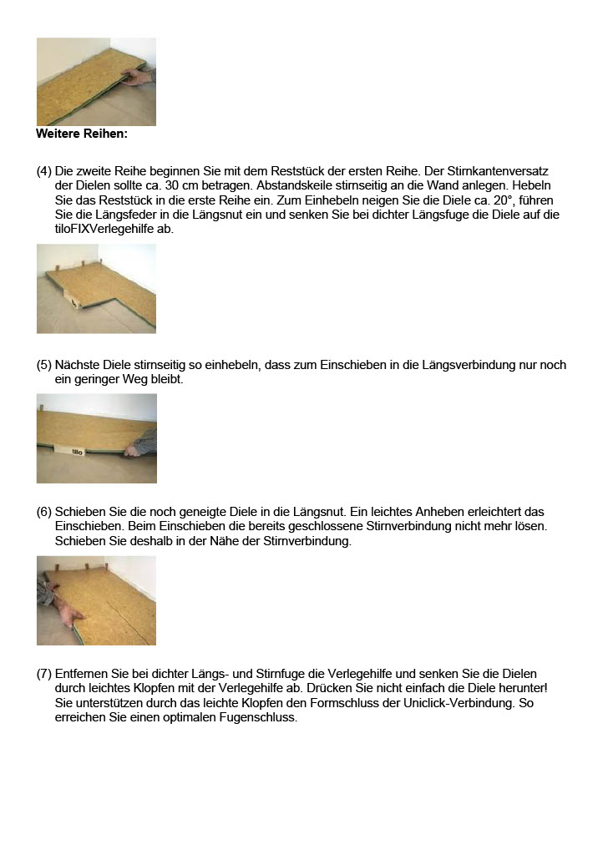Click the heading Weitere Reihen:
pos(82,134)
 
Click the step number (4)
pos(44,170)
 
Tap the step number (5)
pos(44,365)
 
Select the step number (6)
pos(44,511)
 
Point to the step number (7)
pos(44,673)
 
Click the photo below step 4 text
pos(96,289)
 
